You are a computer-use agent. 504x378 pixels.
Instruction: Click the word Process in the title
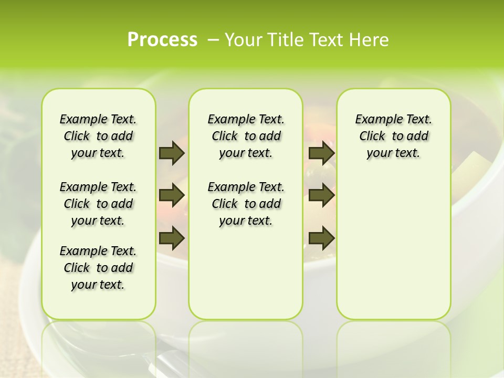[162, 39]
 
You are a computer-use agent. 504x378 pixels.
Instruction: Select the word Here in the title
[369, 39]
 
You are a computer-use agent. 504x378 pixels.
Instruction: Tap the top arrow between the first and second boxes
[172, 153]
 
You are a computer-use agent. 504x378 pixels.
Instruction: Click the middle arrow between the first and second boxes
[172, 195]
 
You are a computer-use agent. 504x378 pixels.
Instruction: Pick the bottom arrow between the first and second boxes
[172, 238]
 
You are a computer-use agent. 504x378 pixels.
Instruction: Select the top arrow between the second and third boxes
[322, 153]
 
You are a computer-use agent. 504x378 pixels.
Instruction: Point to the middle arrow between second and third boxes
[322, 195]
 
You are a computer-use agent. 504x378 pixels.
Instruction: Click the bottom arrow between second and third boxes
[322, 238]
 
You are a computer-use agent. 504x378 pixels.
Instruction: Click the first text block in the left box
[98, 136]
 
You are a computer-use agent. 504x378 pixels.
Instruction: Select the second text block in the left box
[98, 204]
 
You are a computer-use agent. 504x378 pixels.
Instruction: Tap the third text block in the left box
[98, 268]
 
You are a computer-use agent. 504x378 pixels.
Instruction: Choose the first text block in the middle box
[246, 136]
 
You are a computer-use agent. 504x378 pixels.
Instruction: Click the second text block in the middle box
[246, 204]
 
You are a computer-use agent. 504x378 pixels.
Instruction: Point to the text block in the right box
[393, 136]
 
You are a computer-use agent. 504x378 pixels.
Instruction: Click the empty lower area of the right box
[393, 241]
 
